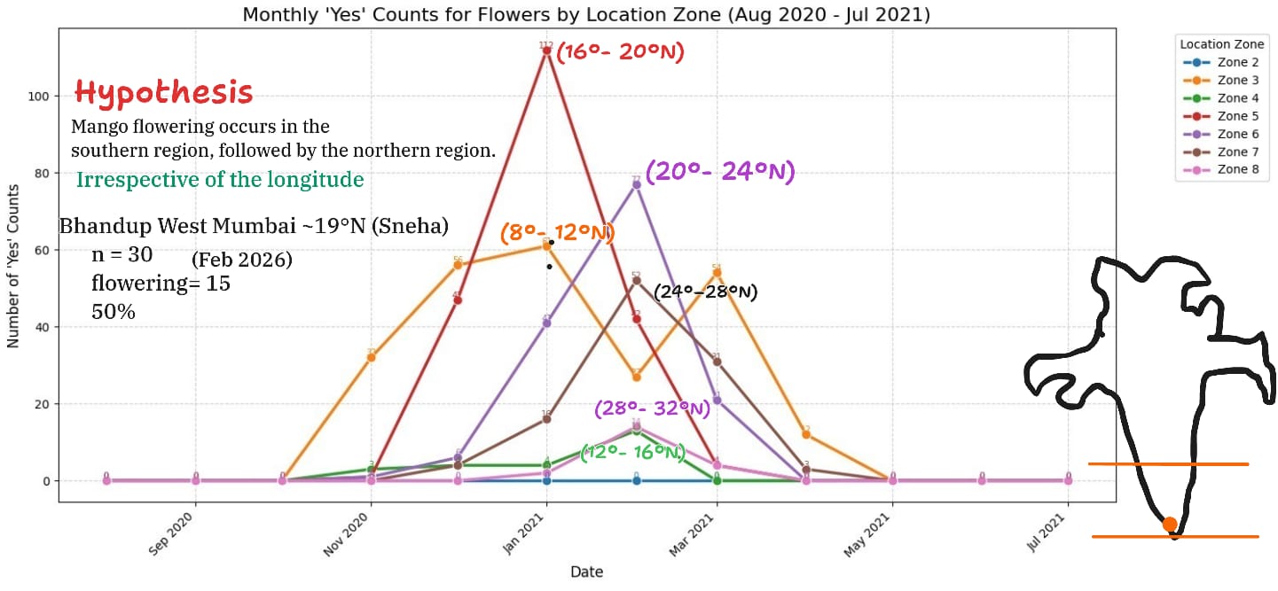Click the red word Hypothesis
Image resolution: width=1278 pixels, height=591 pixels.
[x=163, y=92]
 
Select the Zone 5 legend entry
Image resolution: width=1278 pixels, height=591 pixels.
[x=1237, y=115]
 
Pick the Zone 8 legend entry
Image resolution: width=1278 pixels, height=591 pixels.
[x=1237, y=168]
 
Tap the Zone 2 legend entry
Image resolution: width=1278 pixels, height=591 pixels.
[x=1237, y=62]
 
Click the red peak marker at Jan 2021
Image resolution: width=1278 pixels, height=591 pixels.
[x=546, y=51]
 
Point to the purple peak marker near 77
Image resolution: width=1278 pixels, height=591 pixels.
[x=636, y=184]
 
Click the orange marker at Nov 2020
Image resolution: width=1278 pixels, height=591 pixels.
[x=371, y=357]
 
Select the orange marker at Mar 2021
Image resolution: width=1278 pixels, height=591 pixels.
[x=717, y=273]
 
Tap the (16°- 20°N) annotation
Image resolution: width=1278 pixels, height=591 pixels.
[x=621, y=52]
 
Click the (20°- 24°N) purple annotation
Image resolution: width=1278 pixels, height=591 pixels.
[x=719, y=171]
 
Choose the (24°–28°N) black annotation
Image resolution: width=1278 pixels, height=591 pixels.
[x=705, y=292]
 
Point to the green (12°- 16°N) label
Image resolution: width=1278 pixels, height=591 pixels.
[x=633, y=453]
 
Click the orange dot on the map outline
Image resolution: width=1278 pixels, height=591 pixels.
[x=1170, y=525]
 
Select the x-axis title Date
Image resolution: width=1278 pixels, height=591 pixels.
[x=586, y=572]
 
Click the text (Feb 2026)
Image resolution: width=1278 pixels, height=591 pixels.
[x=241, y=261]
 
